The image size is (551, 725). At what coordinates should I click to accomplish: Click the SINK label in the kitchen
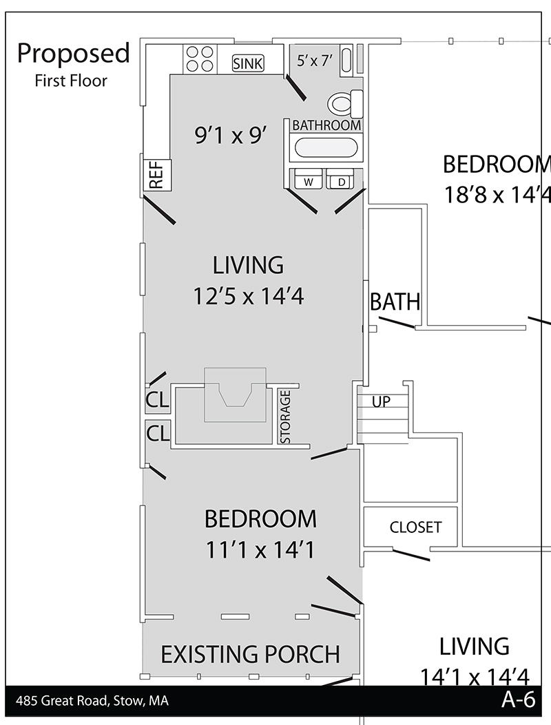(247, 63)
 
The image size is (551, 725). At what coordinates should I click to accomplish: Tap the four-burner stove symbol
(200, 59)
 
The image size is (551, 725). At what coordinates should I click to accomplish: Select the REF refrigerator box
(157, 175)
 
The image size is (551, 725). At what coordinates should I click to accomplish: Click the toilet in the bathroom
(345, 103)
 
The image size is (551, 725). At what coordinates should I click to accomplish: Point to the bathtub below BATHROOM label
(326, 148)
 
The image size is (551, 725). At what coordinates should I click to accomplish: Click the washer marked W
(308, 179)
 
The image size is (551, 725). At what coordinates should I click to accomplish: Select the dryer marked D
(340, 179)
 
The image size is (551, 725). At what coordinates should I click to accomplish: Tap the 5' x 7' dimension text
(315, 60)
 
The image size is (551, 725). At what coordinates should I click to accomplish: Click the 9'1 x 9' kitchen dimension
(231, 136)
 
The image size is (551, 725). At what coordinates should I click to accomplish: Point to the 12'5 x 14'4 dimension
(249, 296)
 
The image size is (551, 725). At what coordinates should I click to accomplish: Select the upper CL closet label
(157, 399)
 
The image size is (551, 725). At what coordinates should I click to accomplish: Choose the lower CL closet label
(158, 433)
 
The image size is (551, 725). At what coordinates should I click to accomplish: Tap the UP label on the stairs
(381, 402)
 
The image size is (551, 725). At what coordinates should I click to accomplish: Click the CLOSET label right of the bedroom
(415, 527)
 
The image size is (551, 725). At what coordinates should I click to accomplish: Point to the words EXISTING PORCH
(250, 654)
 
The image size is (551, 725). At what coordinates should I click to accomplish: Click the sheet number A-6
(518, 700)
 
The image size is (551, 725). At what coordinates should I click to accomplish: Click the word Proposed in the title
(74, 54)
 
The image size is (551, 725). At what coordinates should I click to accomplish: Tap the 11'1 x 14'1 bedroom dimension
(260, 550)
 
